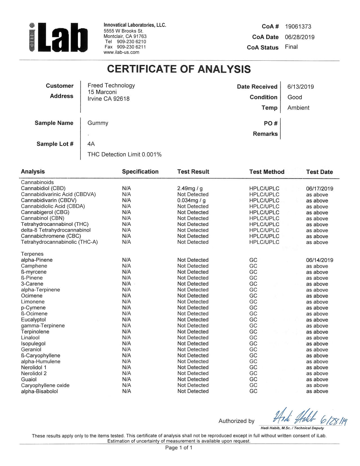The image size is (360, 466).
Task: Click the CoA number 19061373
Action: click(298, 27)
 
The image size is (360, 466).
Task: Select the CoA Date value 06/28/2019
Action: click(300, 37)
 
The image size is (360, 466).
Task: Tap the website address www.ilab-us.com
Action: click(121, 52)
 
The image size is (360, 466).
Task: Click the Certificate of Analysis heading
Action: click(179, 69)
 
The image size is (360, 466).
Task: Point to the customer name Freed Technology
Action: click(111, 85)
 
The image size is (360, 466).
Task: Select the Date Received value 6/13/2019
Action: click(300, 87)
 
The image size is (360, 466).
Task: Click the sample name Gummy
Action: click(98, 123)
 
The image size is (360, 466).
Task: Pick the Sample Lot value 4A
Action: click(91, 144)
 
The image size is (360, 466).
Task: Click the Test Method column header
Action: click(267, 172)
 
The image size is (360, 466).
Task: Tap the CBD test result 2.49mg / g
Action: click(190, 188)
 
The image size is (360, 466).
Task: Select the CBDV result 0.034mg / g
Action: click(191, 201)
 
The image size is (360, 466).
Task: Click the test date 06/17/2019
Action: click(319, 189)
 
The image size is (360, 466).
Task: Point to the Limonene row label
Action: click(32, 302)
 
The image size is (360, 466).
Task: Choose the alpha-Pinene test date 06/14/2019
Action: click(319, 260)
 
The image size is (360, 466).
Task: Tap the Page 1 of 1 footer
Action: click(178, 448)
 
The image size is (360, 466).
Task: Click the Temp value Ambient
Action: click(298, 108)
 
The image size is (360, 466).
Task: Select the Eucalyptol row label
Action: click(33, 320)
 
